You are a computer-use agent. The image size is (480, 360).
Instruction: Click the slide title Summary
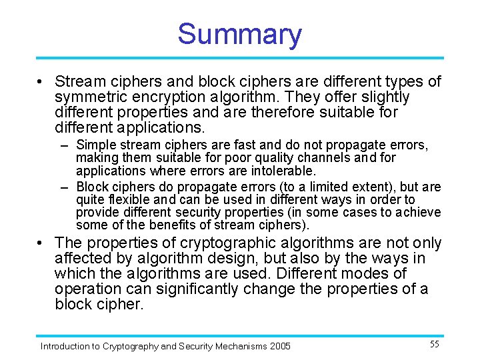pyautogui.click(x=239, y=35)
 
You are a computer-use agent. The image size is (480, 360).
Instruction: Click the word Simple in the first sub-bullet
pyautogui.click(x=95, y=145)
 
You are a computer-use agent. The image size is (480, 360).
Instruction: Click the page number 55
pyautogui.click(x=434, y=345)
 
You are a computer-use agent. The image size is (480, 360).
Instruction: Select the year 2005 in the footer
pyautogui.click(x=279, y=346)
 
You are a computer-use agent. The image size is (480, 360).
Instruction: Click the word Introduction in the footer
pyautogui.click(x=65, y=346)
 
